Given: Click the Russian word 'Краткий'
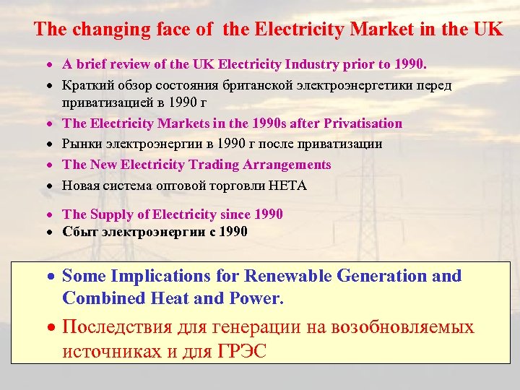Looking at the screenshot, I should click(x=84, y=86).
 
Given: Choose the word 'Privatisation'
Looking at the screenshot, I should click(x=363, y=123).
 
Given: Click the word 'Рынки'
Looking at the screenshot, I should click(x=79, y=144).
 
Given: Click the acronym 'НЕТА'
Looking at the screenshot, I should click(x=289, y=186).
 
